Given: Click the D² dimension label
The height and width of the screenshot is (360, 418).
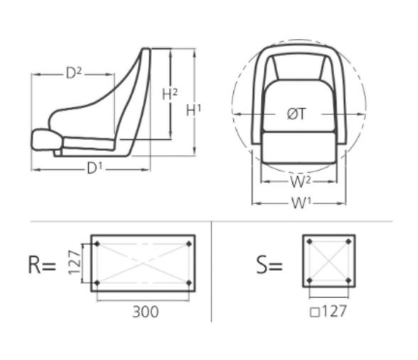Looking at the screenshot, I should tap(74, 73).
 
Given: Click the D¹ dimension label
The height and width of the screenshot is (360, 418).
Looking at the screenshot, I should tap(95, 169).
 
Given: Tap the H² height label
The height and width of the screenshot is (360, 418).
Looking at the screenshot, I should tap(170, 93).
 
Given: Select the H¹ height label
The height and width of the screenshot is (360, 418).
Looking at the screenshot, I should tap(193, 110).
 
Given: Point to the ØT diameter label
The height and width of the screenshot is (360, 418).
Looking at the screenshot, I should tap(297, 113).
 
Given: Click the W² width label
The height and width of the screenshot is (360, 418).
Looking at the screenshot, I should tap(299, 181).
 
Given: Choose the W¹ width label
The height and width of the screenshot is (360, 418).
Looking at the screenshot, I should tap(301, 203).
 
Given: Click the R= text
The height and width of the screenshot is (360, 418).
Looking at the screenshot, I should tap(41, 265).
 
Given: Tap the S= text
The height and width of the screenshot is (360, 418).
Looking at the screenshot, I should tap(269, 265).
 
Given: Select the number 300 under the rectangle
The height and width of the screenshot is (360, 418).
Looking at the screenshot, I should tap(145, 311).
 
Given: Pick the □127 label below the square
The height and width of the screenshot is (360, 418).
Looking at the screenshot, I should tap(328, 311).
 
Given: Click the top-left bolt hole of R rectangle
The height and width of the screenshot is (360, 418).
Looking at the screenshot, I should tap(97, 244).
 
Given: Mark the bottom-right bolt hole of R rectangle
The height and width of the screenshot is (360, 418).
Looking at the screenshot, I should tap(188, 283).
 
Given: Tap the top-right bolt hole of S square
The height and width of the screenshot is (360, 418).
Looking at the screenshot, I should tap(348, 242).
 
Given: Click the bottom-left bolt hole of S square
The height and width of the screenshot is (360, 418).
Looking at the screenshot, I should tap(309, 280).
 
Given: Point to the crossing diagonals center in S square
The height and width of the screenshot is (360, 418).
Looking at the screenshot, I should tap(328, 261).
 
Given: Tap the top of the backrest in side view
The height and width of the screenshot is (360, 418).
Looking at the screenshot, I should tap(146, 51).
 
